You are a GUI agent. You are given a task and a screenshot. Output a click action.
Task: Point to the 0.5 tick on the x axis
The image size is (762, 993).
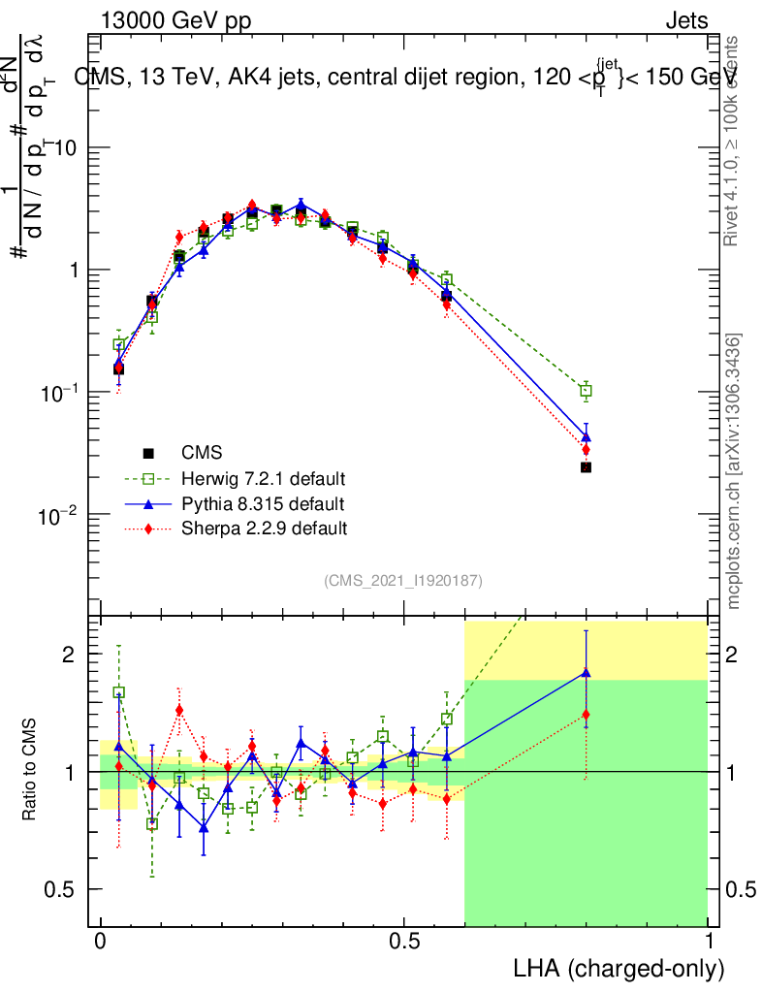pos(404,942)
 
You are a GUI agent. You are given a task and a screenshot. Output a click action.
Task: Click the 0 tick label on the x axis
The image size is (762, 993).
pos(101,942)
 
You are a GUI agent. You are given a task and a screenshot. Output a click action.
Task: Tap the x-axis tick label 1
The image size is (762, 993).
pos(709,942)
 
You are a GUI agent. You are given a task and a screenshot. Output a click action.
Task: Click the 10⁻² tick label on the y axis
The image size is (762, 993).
pos(60,515)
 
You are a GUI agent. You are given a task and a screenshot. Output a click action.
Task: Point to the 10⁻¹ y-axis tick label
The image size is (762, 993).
pos(60,393)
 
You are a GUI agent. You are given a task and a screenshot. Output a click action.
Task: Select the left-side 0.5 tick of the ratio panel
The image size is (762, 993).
pos(64,889)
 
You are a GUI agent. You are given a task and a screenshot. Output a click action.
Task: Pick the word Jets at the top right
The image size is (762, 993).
pos(685,21)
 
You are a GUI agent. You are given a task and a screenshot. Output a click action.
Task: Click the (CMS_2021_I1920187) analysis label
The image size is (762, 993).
pos(403,580)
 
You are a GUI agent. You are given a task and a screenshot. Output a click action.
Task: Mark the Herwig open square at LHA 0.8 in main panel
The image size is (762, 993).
pos(586,391)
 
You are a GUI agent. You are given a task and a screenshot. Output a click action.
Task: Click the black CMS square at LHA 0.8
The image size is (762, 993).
pos(586,467)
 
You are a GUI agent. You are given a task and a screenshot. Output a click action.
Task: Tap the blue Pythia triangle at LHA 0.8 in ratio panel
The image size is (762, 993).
pos(586,673)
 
